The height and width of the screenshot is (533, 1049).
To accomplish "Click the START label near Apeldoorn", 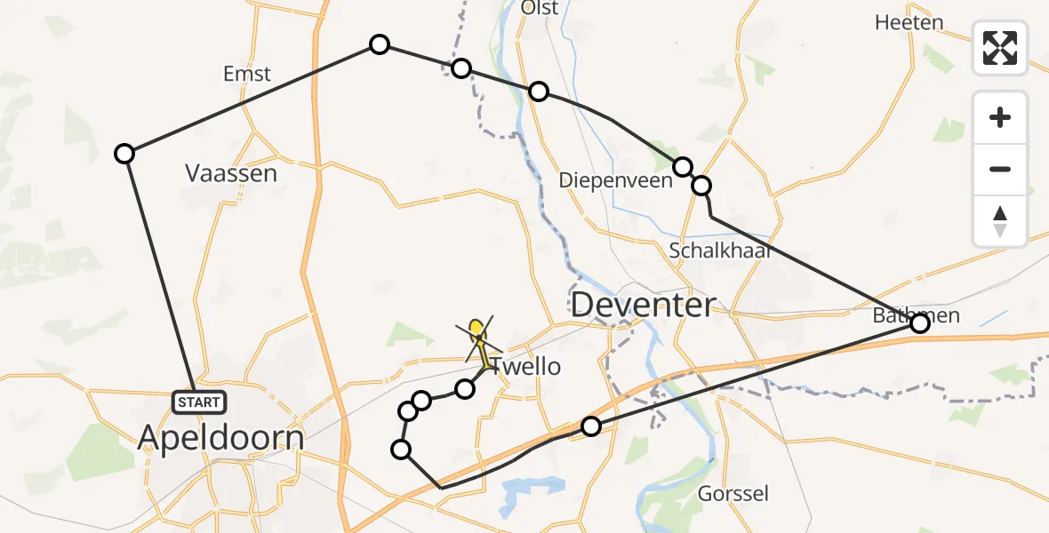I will click(x=198, y=402).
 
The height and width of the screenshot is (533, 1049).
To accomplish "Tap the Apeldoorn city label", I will click(x=221, y=438).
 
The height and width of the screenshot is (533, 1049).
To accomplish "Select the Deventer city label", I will click(x=643, y=305).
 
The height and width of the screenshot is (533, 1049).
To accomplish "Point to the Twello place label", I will click(x=526, y=366).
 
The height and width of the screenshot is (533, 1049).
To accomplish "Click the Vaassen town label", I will click(x=231, y=173).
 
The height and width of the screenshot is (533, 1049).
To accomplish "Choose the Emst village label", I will click(x=247, y=75).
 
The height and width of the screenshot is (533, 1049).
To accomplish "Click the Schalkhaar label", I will click(x=719, y=250).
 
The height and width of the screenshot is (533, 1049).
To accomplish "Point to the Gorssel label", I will click(x=733, y=494).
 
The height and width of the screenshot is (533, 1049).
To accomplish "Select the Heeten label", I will click(x=909, y=23).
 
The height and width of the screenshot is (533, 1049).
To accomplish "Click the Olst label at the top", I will click(x=540, y=9).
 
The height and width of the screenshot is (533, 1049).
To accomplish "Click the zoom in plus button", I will click(x=1000, y=117).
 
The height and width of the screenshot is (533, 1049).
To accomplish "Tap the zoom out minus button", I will click(x=1000, y=169).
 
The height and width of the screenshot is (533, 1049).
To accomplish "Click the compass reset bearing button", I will click(x=1000, y=221).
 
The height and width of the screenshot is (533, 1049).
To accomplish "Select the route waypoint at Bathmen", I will click(x=920, y=323).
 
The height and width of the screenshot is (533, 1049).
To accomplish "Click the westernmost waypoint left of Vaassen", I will click(x=124, y=154).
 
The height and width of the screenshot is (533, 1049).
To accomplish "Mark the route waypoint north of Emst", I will click(x=380, y=44).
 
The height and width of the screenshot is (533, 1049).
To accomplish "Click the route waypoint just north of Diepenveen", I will click(x=682, y=166).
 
